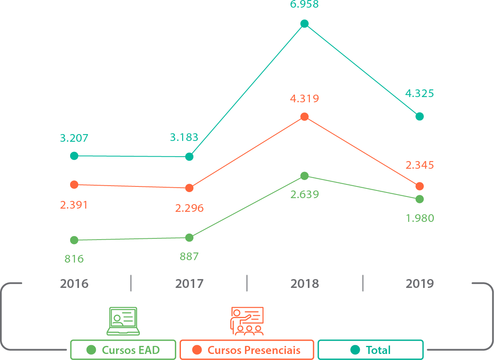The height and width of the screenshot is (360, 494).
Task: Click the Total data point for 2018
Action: coord(305,24)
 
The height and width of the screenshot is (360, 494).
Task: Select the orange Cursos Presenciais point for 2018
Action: coord(305,117)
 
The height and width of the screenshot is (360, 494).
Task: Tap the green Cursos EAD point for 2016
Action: coord(74,240)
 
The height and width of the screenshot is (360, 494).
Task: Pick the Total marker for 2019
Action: coord(419,116)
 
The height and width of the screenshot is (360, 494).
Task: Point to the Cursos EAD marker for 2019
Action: coord(419,199)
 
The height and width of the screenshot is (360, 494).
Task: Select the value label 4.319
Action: coord(305,99)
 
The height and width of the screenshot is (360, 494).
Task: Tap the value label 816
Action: coord(74,259)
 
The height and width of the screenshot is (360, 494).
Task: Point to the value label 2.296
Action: coord(189,208)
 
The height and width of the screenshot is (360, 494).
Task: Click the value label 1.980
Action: coord(420,218)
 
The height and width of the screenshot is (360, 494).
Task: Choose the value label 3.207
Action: coord(74,139)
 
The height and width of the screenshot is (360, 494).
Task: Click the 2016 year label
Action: coord(74,284)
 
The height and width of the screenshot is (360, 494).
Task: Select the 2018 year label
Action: coord(305,284)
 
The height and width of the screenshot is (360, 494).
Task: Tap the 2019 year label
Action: coord(420,284)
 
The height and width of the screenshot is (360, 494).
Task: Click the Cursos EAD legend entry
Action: coord(123,350)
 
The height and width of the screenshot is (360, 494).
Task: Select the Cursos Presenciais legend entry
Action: coord(247,350)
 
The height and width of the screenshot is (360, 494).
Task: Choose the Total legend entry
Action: coord(371,350)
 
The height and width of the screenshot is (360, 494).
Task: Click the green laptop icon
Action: coord(123,321)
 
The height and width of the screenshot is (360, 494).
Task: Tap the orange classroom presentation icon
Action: coord(247,321)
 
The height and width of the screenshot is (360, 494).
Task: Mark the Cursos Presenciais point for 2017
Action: coord(189,188)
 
